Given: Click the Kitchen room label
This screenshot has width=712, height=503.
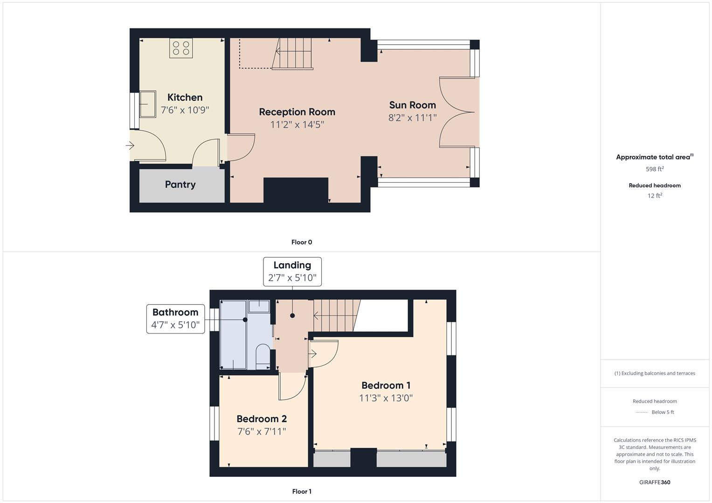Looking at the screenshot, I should pos(185,97).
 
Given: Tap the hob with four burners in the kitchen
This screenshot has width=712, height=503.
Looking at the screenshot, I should pos(181,48).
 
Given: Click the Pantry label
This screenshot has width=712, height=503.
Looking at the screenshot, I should pos(180,184).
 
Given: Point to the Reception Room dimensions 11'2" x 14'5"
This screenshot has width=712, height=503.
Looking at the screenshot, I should pos(297,124).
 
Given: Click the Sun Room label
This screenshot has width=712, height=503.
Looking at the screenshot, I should pos(412,105).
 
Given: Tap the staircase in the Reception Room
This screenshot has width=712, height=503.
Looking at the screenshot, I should pos(293,53).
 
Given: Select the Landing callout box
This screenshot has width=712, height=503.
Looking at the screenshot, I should pos(292,271).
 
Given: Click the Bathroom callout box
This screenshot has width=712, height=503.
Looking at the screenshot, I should pos(175,319).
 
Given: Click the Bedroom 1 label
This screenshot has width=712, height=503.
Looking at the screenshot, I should pos(386,385).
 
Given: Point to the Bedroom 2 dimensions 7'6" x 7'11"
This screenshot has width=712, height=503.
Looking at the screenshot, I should pos(262,431).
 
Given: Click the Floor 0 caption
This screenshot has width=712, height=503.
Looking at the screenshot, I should pos(302,242).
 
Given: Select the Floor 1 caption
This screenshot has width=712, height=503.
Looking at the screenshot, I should pos(302,491).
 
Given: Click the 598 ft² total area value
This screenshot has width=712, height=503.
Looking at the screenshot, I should pos(655,169).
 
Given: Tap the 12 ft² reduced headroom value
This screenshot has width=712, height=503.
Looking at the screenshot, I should pos(655,196).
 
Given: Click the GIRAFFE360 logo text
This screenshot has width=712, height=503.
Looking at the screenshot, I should pos(655,482).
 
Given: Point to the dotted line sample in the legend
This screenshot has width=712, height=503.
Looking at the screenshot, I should pos(642,412).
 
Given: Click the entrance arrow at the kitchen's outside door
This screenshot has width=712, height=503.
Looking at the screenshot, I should pos(130,146).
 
